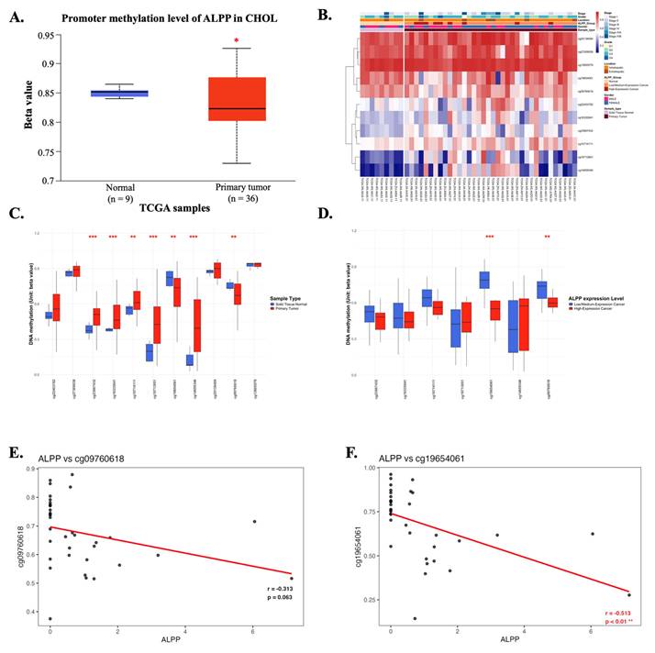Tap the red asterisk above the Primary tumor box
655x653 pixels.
(237, 41)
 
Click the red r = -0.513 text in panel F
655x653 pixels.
(620, 610)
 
